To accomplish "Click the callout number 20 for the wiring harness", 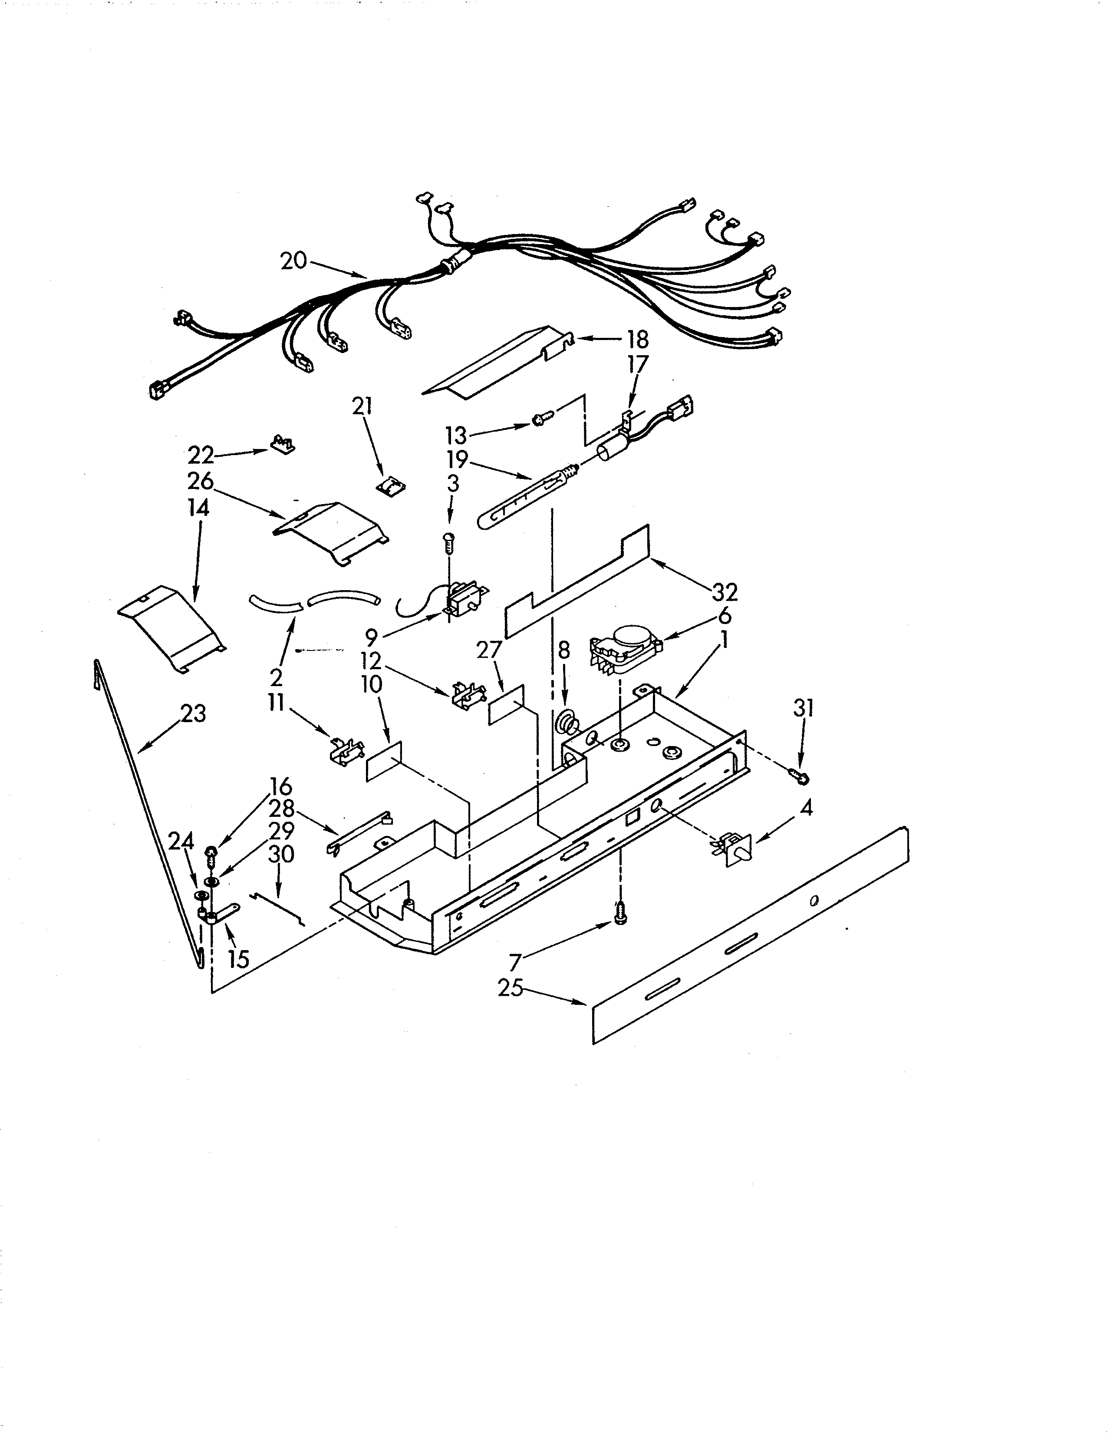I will [293, 261].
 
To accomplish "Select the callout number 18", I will [637, 339].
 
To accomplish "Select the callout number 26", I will [201, 481].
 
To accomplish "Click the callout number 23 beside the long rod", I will [193, 713].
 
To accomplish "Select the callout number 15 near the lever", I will [239, 959].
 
